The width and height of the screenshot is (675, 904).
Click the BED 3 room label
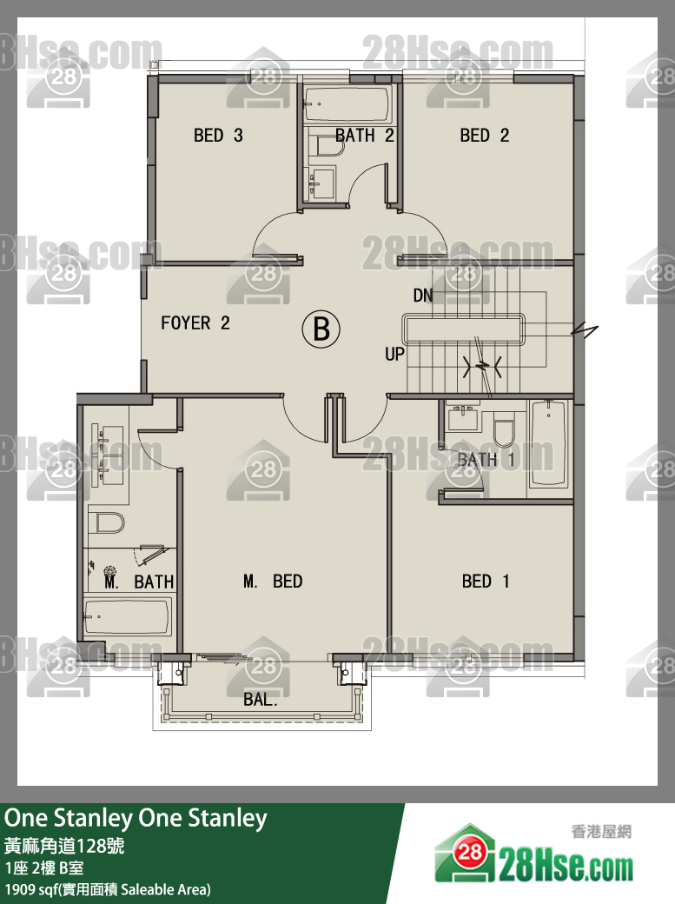coord(218,136)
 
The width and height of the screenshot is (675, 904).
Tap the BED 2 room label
coord(484,136)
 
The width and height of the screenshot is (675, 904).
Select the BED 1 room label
coord(486,582)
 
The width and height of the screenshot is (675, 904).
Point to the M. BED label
coord(273,582)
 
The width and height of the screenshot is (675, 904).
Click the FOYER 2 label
coord(195,322)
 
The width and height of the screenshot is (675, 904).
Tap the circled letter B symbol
coord(321,329)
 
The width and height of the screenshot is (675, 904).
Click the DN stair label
coord(422,296)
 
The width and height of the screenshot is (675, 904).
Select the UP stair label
coord(395,354)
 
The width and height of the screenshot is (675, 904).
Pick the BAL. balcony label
coord(260,700)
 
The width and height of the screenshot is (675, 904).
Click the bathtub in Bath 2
coord(347,103)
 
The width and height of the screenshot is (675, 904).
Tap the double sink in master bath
coord(107,453)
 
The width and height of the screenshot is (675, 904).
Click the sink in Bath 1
coord(462,415)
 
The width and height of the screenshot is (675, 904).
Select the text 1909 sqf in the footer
coord(31,889)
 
